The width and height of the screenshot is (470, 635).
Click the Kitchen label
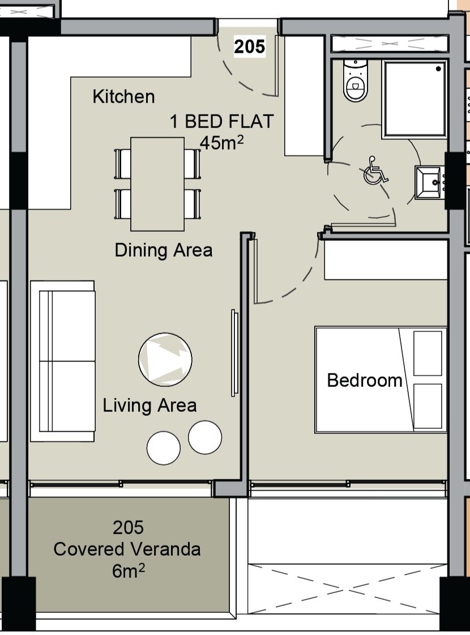123,97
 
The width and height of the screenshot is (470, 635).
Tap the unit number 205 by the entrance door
249,46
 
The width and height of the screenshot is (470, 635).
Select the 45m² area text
222,143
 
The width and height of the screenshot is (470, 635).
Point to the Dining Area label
164,250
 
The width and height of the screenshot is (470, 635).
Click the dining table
157,184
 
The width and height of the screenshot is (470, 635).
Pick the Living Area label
149,406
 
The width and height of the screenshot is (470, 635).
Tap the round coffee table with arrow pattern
165,359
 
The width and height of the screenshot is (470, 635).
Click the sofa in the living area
63,361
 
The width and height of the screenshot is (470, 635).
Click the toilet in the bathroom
355,80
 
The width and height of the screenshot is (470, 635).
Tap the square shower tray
415,99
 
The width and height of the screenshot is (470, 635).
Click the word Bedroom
364,380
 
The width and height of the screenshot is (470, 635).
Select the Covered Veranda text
127,549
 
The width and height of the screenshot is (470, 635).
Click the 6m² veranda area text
129,571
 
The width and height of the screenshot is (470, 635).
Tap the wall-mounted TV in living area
234,353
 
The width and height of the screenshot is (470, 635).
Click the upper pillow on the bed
428,353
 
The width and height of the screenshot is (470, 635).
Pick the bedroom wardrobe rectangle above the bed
386,259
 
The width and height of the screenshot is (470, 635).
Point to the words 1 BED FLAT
222,121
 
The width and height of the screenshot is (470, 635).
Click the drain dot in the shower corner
438,69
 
